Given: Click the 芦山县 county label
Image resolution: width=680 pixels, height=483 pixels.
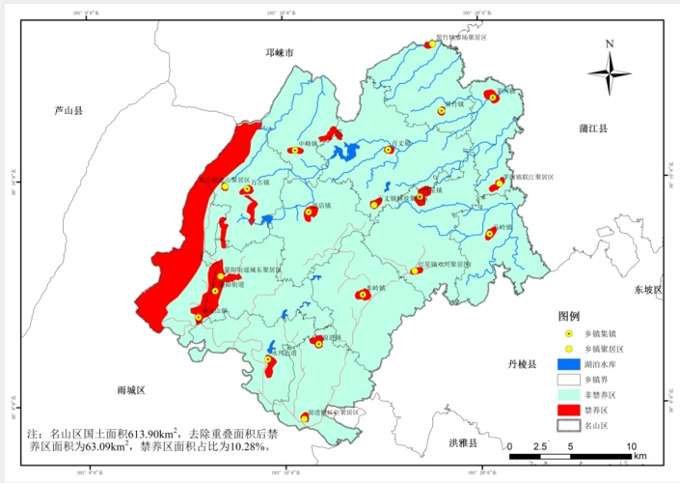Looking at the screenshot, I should click(x=68, y=112).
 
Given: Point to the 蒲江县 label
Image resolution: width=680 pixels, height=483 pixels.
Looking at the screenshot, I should click(x=591, y=128).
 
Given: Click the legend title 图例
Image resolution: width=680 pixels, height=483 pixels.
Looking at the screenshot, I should click(x=568, y=316).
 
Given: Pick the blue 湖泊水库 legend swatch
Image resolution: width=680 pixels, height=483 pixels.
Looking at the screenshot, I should click(x=569, y=364).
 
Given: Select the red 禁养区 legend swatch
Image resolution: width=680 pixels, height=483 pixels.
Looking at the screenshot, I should click(x=569, y=410).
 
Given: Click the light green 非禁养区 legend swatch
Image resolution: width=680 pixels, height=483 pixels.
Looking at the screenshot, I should click(x=569, y=394).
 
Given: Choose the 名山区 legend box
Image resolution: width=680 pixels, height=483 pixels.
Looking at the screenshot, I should click(x=569, y=425).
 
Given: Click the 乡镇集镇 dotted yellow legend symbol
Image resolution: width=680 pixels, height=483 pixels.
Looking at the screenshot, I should click(x=569, y=333).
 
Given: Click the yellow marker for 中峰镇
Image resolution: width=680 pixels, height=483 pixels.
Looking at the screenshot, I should click(x=295, y=150).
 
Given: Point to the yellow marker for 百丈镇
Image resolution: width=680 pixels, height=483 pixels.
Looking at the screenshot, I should click(x=390, y=150).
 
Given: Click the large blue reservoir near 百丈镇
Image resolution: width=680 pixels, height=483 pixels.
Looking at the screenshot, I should click(x=344, y=152).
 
